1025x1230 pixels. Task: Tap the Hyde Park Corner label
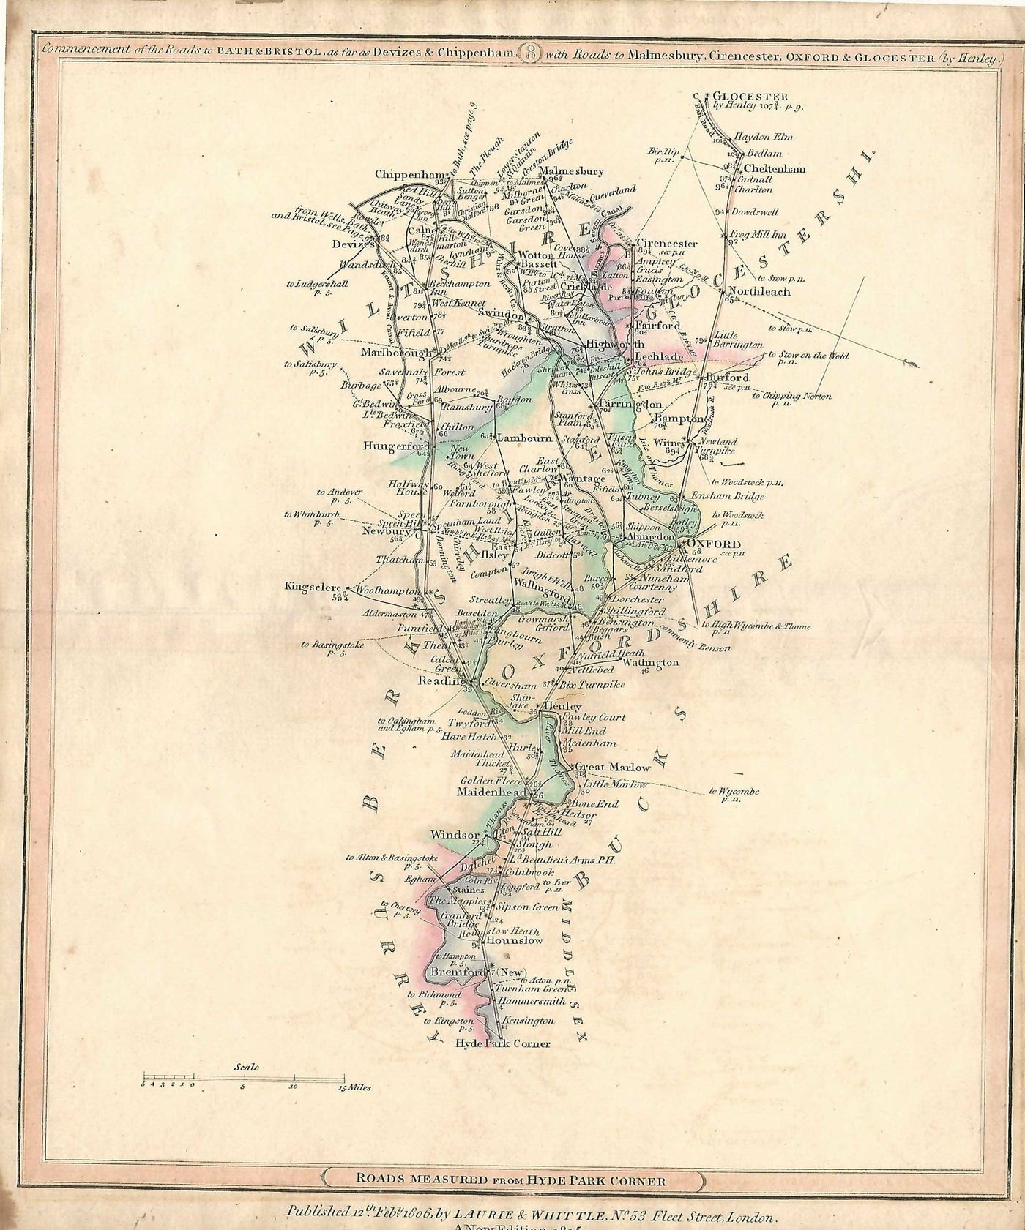point(502,1043)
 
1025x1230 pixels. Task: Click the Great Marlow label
point(612,768)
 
